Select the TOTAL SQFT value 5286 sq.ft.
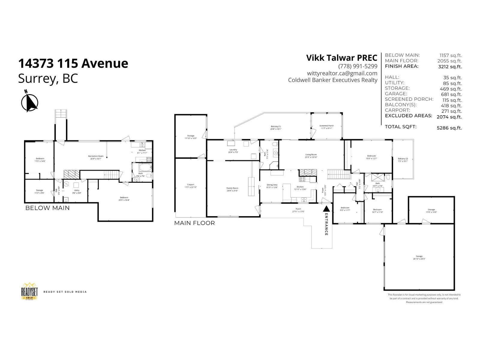point(449,128)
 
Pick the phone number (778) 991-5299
point(358,66)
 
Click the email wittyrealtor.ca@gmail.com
point(342,73)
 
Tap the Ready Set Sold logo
point(29,291)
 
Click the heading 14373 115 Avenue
point(73,63)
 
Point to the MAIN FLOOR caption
point(194,223)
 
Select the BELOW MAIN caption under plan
point(47,208)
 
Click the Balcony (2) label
point(403,160)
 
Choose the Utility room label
point(76,191)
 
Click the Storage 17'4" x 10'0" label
point(431,211)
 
